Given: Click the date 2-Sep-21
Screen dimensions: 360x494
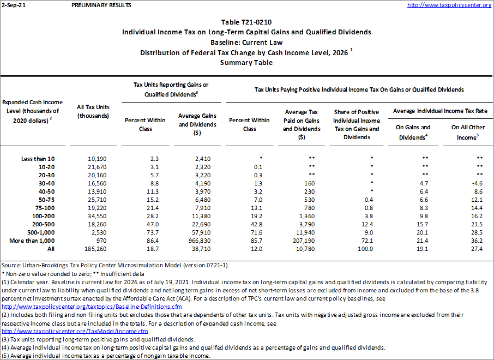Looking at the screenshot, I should tap(13, 5).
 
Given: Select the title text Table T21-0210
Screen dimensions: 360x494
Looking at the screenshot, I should tap(246, 22).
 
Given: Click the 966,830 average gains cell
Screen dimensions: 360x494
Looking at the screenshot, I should tap(190, 240).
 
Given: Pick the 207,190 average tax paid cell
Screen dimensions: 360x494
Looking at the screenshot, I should tap(297, 240).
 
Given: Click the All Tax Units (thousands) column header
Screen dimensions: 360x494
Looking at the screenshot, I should tap(94, 111).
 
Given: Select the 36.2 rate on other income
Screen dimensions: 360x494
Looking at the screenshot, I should tap(475, 240).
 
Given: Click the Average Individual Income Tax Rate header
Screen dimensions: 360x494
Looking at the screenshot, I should tap(440, 111).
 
